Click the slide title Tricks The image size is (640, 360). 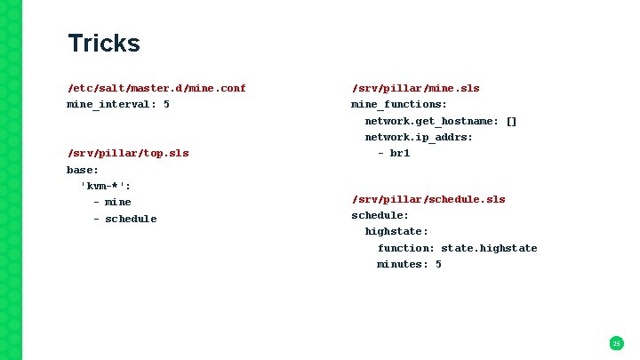pos(104,44)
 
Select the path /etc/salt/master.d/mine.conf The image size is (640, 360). pos(156,88)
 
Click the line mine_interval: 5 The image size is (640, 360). pos(118,104)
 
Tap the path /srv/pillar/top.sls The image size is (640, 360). pos(128,153)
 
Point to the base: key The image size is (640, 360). pos(83,169)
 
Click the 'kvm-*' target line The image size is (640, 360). pos(112,186)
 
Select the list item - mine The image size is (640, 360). pos(112,202)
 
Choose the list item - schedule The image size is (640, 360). pos(124,219)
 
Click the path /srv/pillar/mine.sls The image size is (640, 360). pos(415,88)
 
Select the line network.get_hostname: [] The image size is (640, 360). pos(440,121)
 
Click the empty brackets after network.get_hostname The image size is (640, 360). pos(510,121)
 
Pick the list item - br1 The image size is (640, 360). pos(393,153)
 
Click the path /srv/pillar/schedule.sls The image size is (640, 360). pos(428,199)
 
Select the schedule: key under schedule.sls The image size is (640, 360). pos(380,215)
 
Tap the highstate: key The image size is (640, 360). pos(396,231)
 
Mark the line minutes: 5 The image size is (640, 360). pos(409,264)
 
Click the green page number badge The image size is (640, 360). pos(616,343)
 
